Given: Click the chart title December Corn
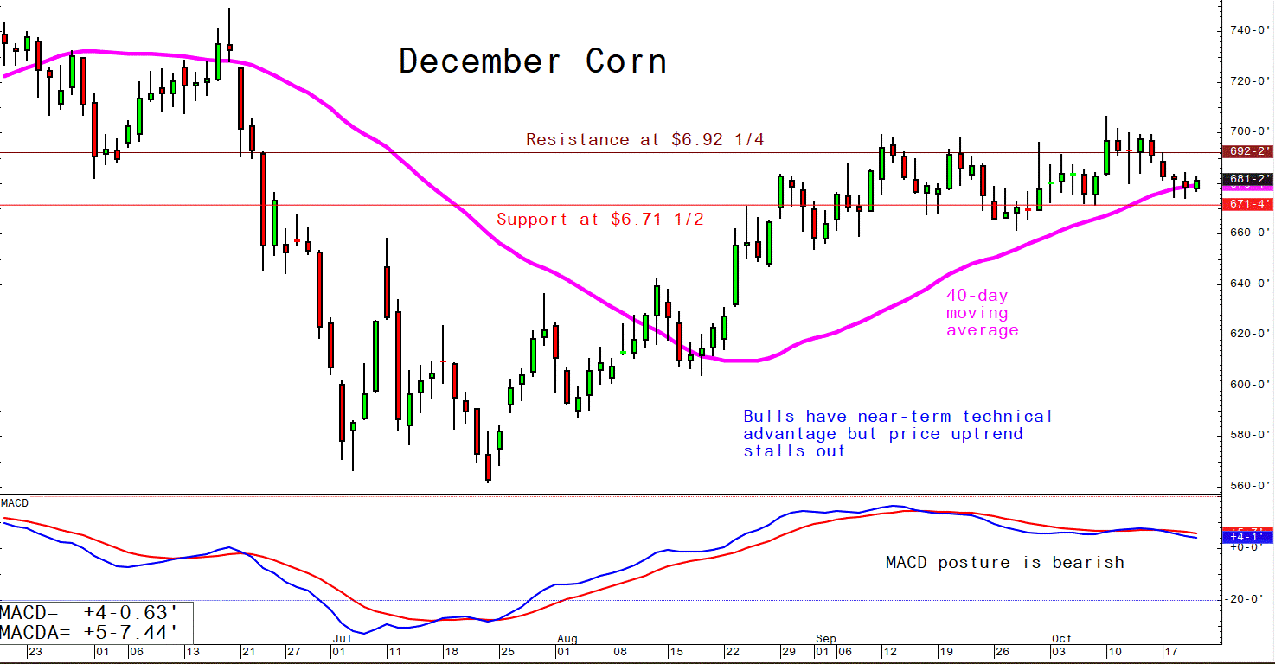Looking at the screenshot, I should [532, 62].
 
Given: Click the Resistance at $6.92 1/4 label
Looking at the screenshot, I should [644, 139].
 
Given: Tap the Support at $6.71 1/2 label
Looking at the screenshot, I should [600, 220].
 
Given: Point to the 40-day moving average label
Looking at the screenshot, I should [982, 312].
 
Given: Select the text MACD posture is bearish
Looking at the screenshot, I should [1004, 563].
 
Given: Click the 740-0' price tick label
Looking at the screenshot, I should [1246, 30].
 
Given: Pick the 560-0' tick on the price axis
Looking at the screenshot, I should [1246, 486].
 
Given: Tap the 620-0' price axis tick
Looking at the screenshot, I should [1246, 334].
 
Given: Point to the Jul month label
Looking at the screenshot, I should [341, 639].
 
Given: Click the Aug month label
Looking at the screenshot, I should [567, 639].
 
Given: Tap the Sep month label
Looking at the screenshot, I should [825, 639].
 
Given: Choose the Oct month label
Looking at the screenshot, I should [1061, 639].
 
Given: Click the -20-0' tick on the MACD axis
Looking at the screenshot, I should [1246, 599].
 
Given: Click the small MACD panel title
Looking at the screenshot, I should [15, 503].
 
